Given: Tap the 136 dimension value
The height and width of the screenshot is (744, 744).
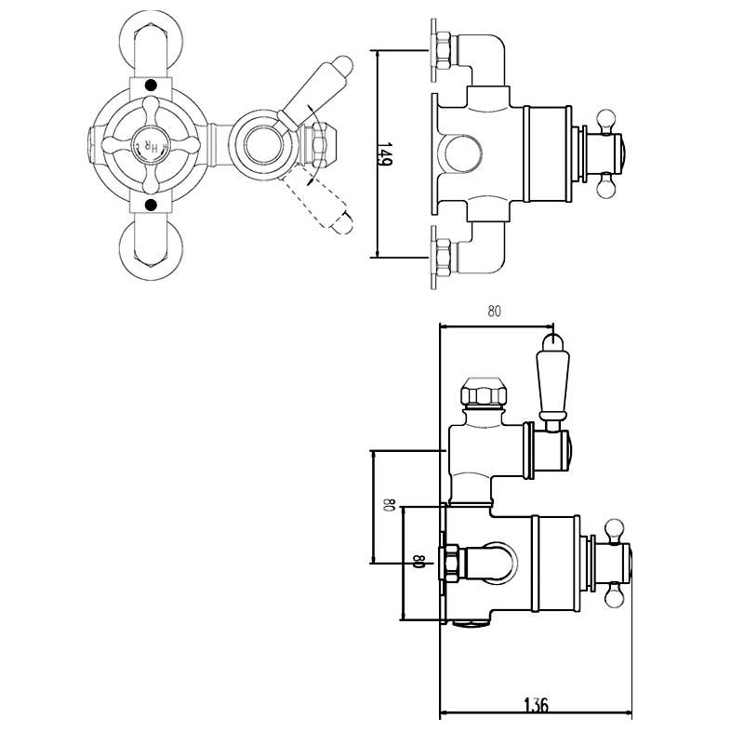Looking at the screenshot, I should pos(537,705).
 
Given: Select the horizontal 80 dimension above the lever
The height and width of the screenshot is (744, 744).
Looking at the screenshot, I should pos(494,312).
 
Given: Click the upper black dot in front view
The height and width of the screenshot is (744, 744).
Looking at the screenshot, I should pos(150,86).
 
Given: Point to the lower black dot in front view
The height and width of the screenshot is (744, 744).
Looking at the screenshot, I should pos(150,204).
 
